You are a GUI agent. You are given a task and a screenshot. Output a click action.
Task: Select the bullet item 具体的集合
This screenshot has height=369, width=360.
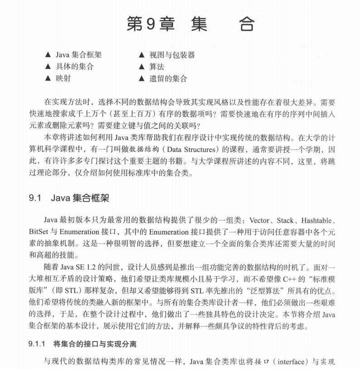(75, 67)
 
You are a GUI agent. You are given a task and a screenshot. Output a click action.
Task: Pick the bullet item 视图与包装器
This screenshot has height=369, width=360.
(172, 55)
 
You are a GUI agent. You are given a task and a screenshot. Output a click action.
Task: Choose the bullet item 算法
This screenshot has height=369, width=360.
(157, 67)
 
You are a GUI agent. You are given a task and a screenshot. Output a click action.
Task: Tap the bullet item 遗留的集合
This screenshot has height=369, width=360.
(168, 78)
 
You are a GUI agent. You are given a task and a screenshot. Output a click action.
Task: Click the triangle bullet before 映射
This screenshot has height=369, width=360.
(48, 78)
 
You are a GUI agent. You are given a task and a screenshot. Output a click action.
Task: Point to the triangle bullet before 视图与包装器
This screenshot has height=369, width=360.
(141, 55)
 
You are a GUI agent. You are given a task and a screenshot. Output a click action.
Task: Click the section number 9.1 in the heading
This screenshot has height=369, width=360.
(35, 198)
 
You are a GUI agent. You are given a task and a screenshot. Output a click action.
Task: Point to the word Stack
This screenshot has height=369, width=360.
(285, 220)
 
